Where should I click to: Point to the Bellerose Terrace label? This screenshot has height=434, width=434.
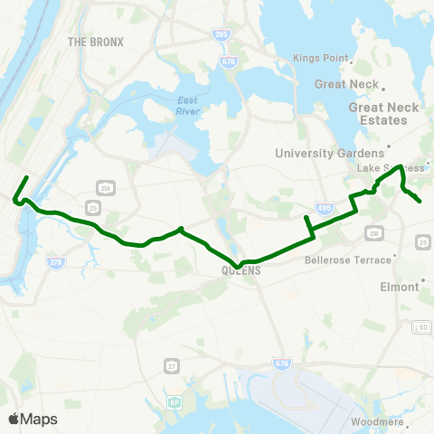(x=349, y=259)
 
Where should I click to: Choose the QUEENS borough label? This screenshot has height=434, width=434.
(x=240, y=270)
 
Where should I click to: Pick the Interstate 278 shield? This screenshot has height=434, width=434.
(x=57, y=262)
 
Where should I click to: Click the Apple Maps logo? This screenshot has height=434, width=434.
(x=33, y=419)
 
